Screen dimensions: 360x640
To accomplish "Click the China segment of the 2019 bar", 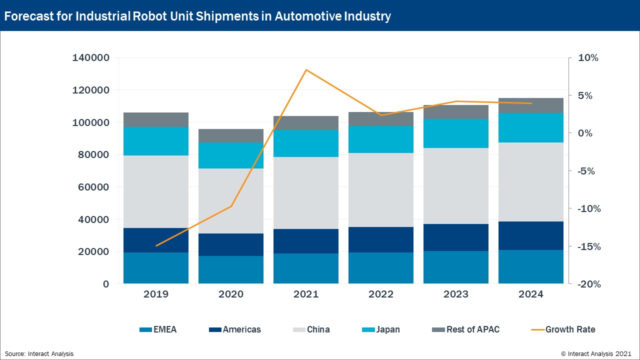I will point(156,191).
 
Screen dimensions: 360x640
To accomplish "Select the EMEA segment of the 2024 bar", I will point(531,266).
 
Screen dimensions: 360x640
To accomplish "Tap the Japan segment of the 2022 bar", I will point(381,139).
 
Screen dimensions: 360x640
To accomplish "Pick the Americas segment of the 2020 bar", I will point(231,244).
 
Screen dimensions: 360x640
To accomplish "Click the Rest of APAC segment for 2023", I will point(456,112).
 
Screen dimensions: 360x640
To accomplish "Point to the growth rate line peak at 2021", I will point(306,69).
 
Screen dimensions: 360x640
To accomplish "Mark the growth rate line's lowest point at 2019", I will point(156,245).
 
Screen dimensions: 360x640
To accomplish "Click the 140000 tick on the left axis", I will point(90,58).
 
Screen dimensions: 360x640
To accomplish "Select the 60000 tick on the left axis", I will point(93,187).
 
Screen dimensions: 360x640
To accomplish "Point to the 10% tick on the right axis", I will point(588,58).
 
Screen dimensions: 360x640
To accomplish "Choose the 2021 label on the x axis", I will point(306,294).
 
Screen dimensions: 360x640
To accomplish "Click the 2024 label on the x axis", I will point(531,294).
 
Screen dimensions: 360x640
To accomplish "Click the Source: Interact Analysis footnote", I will point(39,353).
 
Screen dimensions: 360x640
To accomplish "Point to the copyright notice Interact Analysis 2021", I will point(596,353).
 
